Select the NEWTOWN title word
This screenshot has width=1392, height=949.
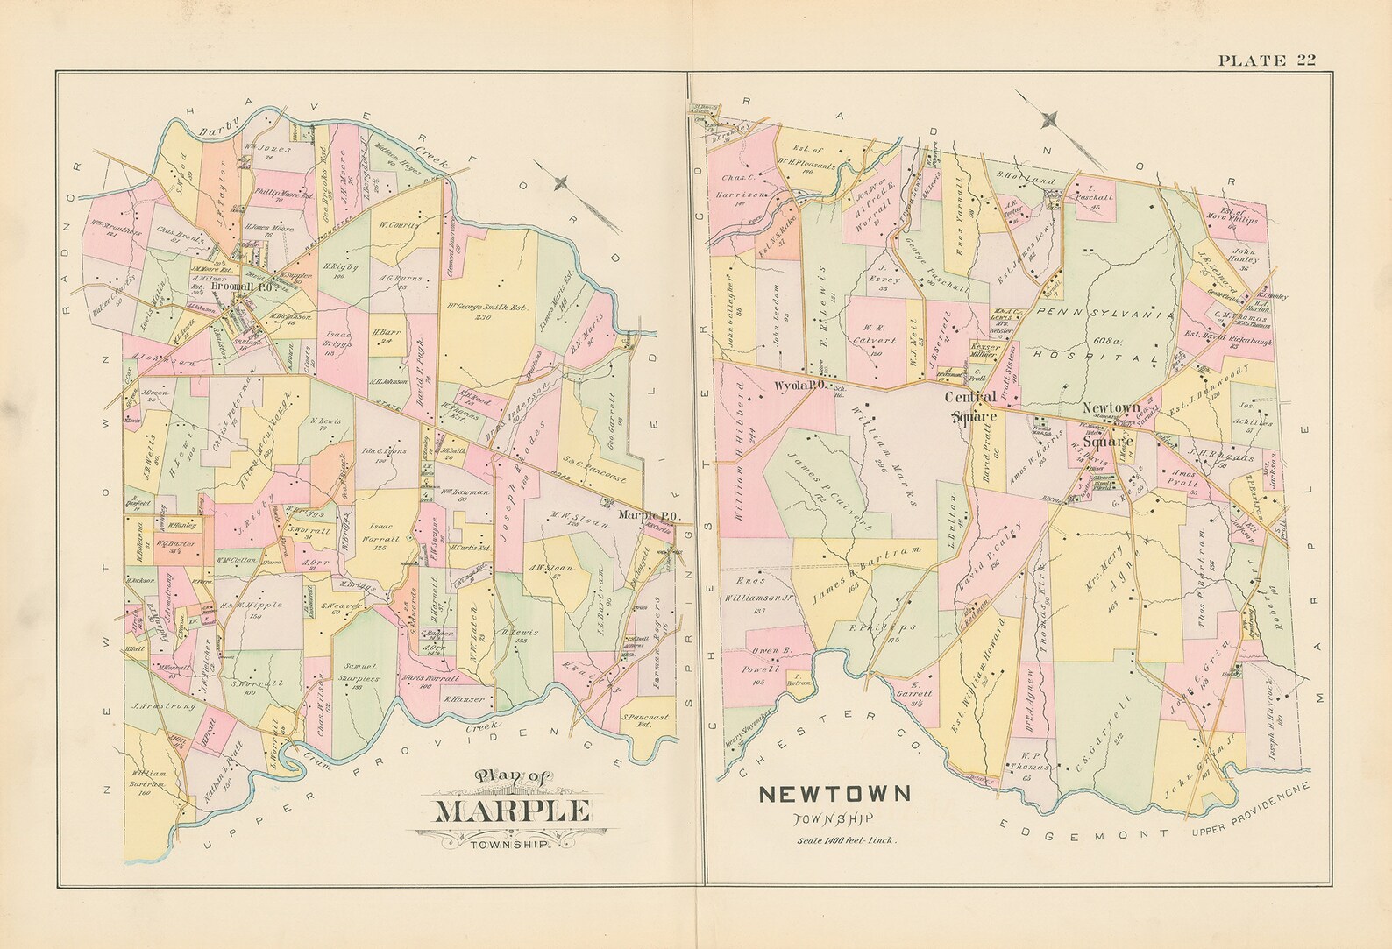(834, 795)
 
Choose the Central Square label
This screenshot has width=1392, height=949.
(972, 404)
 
